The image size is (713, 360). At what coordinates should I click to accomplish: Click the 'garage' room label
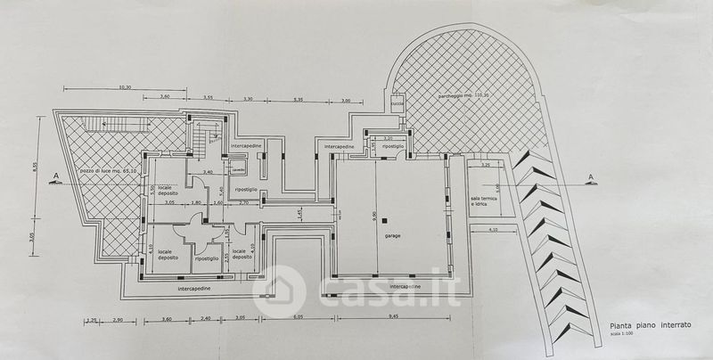(x=392, y=236)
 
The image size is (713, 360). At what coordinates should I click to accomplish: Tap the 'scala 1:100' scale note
(x=617, y=337)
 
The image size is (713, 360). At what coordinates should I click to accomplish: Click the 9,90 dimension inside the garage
(x=373, y=214)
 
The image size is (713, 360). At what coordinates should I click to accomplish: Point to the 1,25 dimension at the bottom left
(x=91, y=317)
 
